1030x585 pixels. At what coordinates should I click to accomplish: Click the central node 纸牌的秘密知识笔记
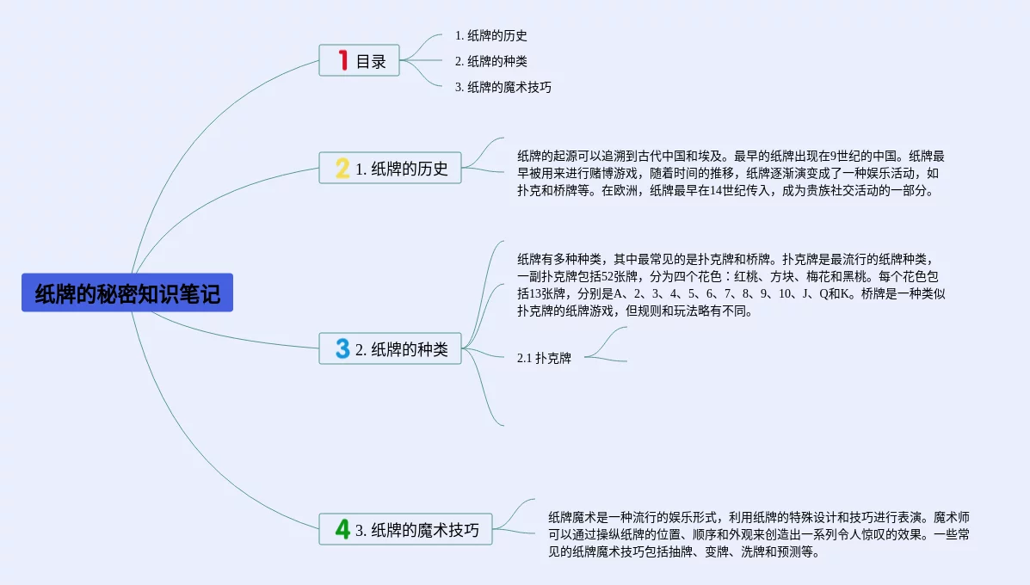pos(127,293)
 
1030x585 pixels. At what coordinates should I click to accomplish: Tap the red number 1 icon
pos(342,60)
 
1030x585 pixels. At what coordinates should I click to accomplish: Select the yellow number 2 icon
pos(342,168)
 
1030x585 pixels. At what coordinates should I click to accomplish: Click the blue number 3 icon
pos(342,348)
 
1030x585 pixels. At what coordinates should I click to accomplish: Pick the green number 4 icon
pos(342,529)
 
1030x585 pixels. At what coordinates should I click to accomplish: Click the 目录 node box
pos(360,60)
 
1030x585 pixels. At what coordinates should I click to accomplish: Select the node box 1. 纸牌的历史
pos(391,168)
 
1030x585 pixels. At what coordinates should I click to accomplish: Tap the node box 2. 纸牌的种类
pos(391,348)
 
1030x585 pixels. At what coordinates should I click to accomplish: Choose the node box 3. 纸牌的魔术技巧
pos(406,529)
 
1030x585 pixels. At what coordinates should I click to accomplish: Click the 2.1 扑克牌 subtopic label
pos(544,358)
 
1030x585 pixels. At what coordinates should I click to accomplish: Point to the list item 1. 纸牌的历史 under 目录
pos(491,35)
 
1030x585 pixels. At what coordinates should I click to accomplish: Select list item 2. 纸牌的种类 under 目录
pos(491,61)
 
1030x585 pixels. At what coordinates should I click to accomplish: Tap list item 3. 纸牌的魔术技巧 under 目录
pos(503,87)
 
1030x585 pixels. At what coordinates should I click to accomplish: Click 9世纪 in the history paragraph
pos(832,157)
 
